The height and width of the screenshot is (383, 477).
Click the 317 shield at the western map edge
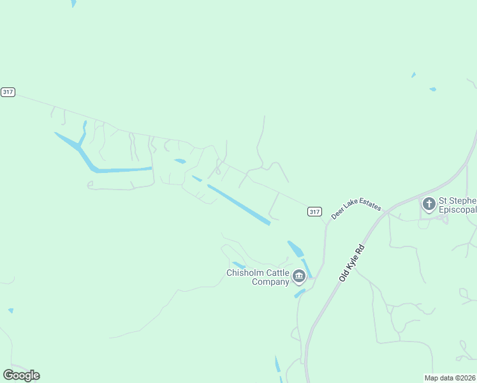pos(8,92)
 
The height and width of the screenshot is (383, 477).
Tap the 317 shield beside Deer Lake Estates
pos(314,211)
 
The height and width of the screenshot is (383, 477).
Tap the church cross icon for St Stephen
pos(429,204)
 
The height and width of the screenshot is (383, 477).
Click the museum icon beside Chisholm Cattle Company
pos(299,276)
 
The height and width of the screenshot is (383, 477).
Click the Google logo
pos(21,375)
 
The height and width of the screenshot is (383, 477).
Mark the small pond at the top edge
pos(73,3)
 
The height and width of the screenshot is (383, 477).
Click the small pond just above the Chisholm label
pos(238,264)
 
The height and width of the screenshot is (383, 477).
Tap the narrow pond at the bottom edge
pos(277,366)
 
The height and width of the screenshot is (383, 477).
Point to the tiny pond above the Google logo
pos(11,311)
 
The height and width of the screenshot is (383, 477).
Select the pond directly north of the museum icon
pos(296,248)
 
